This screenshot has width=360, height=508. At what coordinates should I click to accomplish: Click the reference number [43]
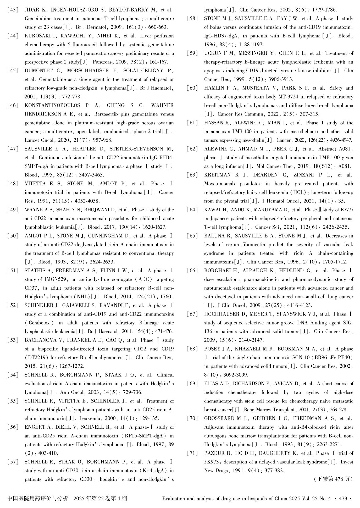[13, 10]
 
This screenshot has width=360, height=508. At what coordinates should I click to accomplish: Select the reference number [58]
[192, 19]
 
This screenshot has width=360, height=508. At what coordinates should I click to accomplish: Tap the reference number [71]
[192, 453]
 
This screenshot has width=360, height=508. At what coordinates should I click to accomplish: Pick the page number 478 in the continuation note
[339, 479]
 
